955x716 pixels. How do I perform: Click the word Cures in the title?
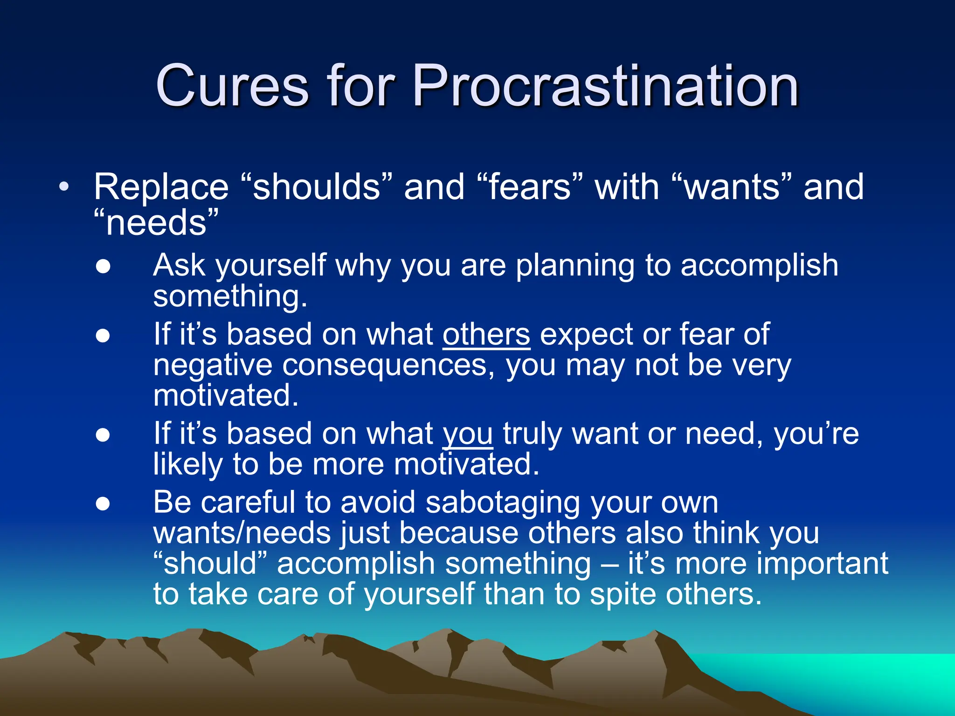232,86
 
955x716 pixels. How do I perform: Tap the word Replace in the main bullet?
161,187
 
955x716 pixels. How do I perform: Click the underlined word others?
486,335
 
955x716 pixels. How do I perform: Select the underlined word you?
467,434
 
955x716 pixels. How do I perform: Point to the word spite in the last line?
623,594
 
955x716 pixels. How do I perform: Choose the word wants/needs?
242,533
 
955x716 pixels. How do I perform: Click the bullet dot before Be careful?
103,504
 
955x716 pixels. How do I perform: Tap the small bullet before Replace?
64,188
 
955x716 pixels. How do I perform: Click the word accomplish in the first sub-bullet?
759,266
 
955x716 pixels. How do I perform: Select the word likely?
188,465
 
